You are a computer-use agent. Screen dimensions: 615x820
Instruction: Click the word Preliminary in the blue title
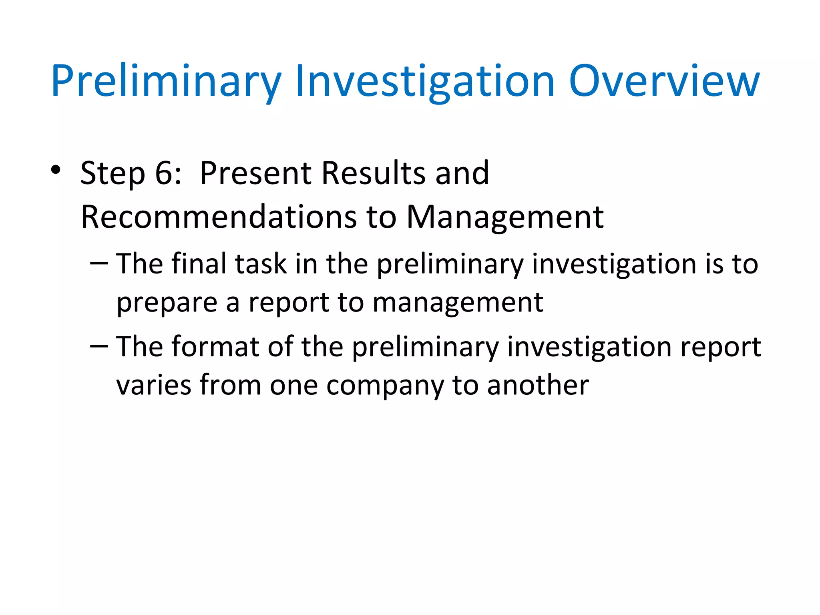tap(166, 82)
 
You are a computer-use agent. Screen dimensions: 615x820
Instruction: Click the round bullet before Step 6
tap(56, 170)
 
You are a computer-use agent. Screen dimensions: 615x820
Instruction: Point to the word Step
tap(113, 174)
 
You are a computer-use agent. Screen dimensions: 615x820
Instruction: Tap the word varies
tap(154, 385)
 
